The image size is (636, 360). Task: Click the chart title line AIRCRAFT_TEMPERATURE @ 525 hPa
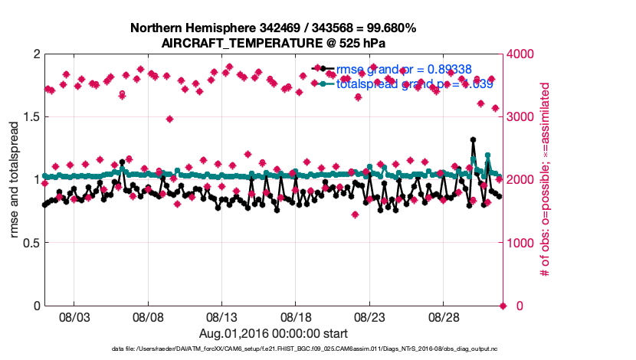tap(273, 43)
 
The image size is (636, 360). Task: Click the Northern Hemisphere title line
tap(273, 28)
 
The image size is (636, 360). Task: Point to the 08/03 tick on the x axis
tap(74, 316)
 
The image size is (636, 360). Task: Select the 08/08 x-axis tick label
tap(148, 316)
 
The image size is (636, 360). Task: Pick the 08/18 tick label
tap(296, 316)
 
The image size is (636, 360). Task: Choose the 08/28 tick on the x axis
tap(444, 316)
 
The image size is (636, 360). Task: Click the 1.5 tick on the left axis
tap(28, 117)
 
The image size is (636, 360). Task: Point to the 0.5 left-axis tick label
tap(28, 243)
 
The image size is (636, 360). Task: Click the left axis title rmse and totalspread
tap(15, 180)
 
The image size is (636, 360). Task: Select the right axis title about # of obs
tap(545, 180)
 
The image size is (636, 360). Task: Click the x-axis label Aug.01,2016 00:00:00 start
tap(274, 333)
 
